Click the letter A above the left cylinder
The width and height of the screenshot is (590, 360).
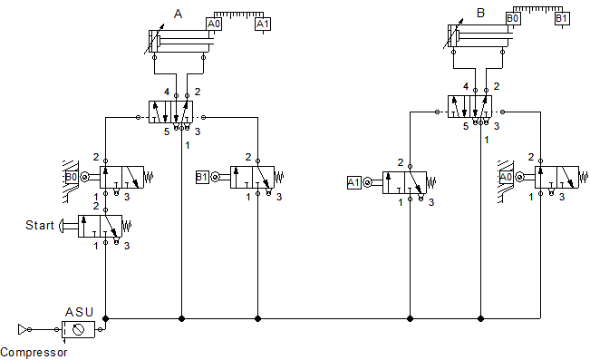click(x=178, y=14)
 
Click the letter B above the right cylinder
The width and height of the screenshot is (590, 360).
click(x=480, y=14)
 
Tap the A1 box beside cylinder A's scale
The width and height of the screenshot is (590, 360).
click(x=263, y=24)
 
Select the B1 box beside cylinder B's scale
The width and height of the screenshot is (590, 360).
click(x=561, y=17)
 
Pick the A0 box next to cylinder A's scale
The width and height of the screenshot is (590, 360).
click(x=215, y=24)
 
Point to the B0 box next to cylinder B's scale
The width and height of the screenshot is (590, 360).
click(x=513, y=17)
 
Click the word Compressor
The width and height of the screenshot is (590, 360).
click(x=34, y=352)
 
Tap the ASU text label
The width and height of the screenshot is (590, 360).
click(x=80, y=311)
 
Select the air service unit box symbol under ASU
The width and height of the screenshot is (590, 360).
click(x=79, y=328)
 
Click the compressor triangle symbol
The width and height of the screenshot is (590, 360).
click(x=24, y=328)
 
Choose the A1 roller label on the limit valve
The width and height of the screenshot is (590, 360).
click(x=355, y=183)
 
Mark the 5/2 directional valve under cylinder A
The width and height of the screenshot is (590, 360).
click(x=173, y=113)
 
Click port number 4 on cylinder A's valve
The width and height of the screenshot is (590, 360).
click(x=166, y=92)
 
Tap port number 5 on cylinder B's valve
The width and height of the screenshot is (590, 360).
click(x=465, y=126)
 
